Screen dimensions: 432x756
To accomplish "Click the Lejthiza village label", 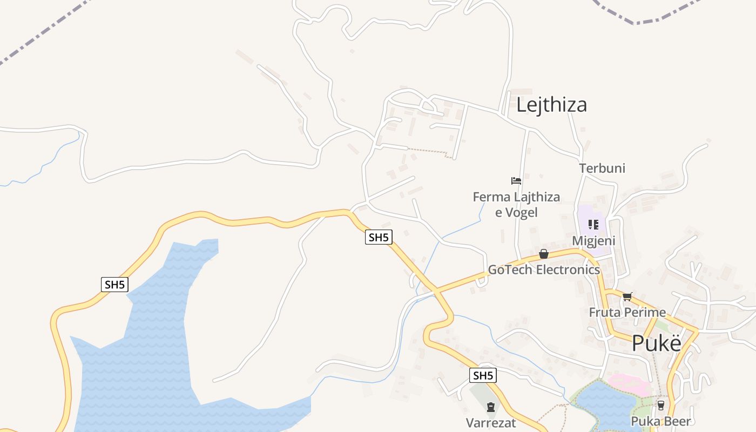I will [x=551, y=105].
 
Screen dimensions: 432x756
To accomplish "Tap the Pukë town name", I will [x=656, y=343].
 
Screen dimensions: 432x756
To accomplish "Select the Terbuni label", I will [x=602, y=168].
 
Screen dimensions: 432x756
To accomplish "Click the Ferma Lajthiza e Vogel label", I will [x=516, y=205].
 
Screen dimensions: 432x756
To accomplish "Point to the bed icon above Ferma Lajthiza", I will [x=516, y=180].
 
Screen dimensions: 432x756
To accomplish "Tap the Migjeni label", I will [x=593, y=240].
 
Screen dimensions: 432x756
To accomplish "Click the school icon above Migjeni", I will [x=593, y=224].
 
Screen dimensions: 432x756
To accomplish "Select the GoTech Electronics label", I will [x=544, y=269].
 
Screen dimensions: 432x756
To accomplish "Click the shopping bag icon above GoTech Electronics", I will [x=544, y=254].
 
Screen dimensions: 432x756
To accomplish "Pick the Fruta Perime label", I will [x=627, y=312].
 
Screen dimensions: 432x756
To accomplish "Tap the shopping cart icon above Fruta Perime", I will [x=627, y=296].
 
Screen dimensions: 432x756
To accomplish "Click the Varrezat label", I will [x=491, y=422].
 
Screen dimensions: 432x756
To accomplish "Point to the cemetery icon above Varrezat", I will [x=491, y=407].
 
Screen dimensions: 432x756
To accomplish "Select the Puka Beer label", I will [x=661, y=421].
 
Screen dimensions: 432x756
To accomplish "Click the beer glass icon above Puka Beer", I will [x=661, y=405].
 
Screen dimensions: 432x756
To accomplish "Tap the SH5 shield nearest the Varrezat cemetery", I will [x=483, y=375].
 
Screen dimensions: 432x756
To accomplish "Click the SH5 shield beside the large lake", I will [x=114, y=285].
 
